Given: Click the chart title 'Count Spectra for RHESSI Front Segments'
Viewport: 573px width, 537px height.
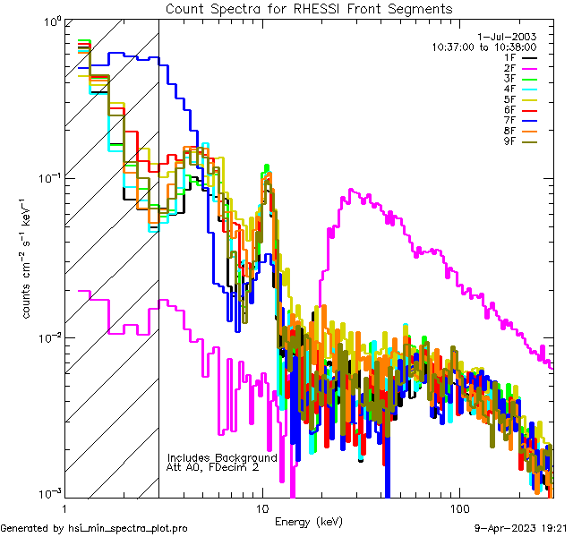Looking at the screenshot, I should [309, 8].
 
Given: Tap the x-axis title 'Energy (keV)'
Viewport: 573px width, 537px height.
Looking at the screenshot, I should [309, 521].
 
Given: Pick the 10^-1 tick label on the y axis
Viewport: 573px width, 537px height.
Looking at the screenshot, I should [48, 178].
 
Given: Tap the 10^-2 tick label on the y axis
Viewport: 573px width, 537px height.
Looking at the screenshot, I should [48, 337].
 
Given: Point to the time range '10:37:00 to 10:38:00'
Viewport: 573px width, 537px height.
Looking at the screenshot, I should [484, 47].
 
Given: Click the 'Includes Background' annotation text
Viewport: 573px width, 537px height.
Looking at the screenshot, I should [222, 457].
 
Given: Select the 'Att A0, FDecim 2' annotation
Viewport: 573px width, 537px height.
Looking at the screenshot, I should [213, 467].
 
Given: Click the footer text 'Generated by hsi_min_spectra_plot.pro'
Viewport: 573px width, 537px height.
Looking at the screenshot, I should [94, 528].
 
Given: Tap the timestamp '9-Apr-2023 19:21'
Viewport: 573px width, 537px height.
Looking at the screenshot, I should [520, 528].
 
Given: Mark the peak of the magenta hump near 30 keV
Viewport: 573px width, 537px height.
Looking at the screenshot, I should [352, 190].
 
